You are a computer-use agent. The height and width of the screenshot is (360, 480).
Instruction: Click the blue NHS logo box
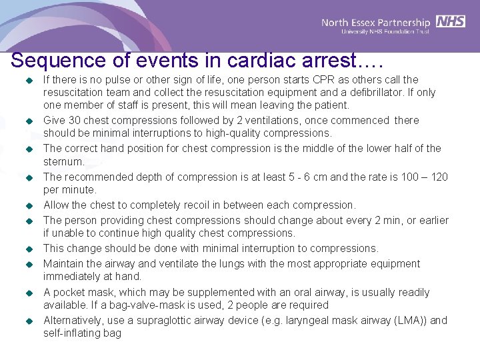pyautogui.click(x=451, y=21)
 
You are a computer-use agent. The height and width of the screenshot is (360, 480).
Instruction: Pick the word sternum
pyautogui.click(x=63, y=162)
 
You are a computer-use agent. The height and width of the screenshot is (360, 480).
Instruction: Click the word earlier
pyautogui.click(x=431, y=220)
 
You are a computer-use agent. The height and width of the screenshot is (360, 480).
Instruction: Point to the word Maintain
pyautogui.click(x=65, y=264)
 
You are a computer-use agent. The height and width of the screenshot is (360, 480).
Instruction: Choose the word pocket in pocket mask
pyautogui.click(x=73, y=293)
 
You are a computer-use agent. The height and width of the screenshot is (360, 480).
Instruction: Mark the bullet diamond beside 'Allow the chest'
pyautogui.click(x=29, y=206)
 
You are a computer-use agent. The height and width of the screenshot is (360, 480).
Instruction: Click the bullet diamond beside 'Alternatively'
pyautogui.click(x=29, y=321)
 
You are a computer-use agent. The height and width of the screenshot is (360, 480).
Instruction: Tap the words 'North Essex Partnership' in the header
pyautogui.click(x=376, y=22)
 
